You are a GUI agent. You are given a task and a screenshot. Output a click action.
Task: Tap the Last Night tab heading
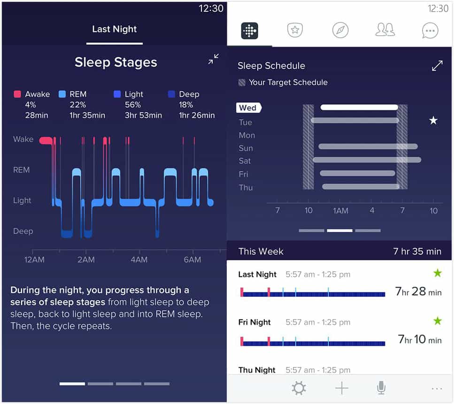(115, 29)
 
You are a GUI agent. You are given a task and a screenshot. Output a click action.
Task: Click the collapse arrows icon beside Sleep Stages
(214, 59)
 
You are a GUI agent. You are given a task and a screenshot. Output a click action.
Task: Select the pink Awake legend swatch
(17, 94)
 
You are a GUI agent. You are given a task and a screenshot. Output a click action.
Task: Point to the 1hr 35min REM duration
(87, 115)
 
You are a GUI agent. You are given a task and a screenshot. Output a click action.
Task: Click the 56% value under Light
(132, 105)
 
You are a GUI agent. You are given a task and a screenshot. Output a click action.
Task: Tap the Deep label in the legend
(189, 94)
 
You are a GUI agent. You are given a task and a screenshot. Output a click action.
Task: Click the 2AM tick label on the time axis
(86, 259)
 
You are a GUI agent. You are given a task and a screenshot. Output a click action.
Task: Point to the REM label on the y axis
(22, 169)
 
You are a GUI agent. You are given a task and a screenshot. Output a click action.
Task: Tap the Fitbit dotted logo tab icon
(250, 30)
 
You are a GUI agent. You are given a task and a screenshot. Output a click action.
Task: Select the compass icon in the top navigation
(340, 30)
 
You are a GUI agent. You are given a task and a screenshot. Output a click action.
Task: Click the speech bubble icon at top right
(430, 30)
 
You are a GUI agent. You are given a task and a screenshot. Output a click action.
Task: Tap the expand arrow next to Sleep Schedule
(437, 66)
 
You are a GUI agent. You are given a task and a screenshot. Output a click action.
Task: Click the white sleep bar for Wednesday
(359, 107)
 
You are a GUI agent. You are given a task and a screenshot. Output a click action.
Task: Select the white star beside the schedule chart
(433, 120)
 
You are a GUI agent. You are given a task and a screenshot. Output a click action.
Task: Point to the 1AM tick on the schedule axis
(340, 211)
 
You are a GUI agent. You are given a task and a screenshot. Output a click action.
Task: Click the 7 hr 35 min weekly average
(417, 251)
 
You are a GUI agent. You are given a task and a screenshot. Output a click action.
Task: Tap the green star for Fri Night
(438, 320)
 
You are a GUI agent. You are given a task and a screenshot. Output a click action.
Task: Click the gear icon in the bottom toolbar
(299, 388)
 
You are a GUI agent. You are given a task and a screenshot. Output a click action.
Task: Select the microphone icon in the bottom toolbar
(381, 388)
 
